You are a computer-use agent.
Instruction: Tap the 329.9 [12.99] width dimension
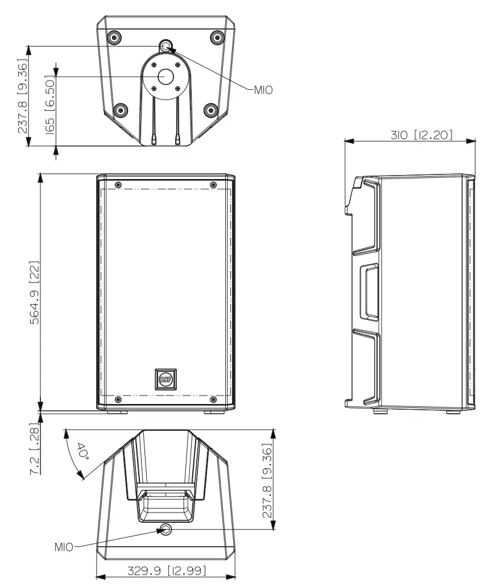(x=167, y=570)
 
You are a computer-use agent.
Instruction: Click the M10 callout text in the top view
(x=262, y=89)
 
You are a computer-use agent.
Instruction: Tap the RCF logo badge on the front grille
(x=165, y=378)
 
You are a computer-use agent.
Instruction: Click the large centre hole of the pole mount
(x=166, y=77)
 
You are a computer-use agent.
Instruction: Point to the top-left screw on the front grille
(x=118, y=184)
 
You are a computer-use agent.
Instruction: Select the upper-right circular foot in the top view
(x=216, y=38)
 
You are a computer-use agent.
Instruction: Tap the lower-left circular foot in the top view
(x=119, y=110)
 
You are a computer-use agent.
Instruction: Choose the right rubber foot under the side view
(x=453, y=411)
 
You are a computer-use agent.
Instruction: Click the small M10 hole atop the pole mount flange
(x=166, y=45)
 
